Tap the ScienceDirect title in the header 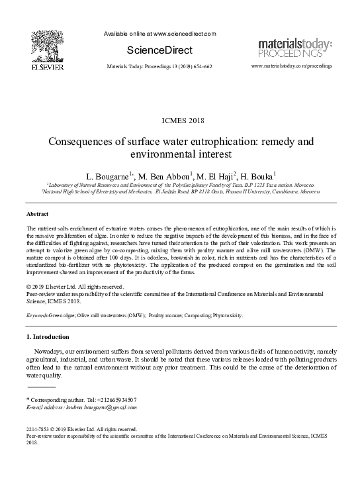coord(159,50)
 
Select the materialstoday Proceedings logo coord(294,48)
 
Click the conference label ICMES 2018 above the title coord(181,120)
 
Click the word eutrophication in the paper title coord(215,142)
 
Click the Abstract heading coord(37,215)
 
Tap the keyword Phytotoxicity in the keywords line coord(226,316)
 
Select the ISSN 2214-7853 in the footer coord(38,429)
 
